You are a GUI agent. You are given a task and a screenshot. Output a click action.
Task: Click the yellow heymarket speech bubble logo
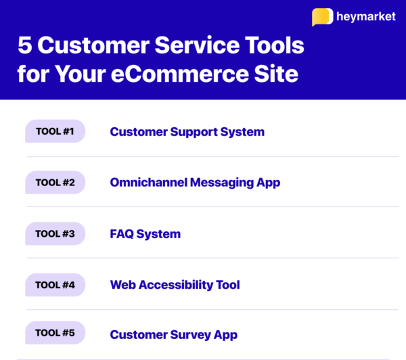click(x=322, y=17)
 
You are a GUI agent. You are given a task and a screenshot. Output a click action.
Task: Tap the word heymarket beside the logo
click(x=365, y=17)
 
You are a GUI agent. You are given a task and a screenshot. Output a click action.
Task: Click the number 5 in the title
click(x=25, y=47)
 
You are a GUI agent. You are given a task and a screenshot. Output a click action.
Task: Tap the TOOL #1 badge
click(x=55, y=131)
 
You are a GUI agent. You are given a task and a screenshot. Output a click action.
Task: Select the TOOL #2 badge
click(x=55, y=182)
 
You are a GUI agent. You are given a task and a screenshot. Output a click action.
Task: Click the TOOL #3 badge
click(x=55, y=233)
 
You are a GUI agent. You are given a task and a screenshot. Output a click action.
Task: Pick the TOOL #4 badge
click(x=55, y=285)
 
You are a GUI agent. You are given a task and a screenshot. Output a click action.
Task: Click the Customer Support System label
click(x=187, y=131)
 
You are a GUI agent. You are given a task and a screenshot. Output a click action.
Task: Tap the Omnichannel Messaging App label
click(x=195, y=182)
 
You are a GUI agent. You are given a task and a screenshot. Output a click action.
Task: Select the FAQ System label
click(x=145, y=234)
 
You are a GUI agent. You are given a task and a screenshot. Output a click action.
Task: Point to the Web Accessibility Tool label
click(x=175, y=285)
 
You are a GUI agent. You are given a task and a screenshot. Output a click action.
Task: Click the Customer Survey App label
click(x=173, y=334)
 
